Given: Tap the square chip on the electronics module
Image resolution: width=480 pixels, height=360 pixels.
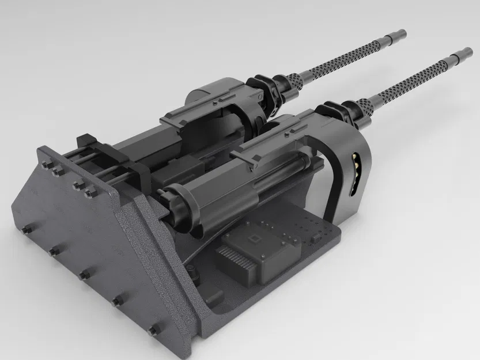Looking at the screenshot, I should (x=251, y=241).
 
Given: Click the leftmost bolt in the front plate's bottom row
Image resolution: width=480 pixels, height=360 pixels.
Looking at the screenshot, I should (x=26, y=229).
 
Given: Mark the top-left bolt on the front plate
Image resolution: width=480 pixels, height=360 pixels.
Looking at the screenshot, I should (x=46, y=165).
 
